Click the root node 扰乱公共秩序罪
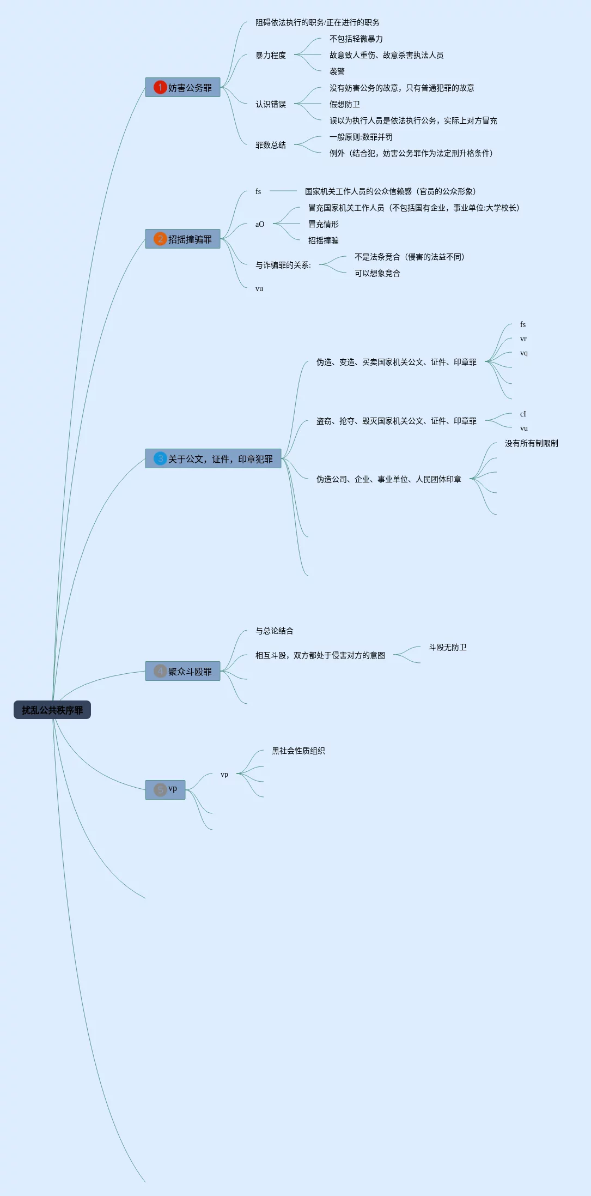[52, 710]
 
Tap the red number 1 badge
[160, 87]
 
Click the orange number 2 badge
[160, 239]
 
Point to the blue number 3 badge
[160, 458]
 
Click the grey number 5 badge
[160, 789]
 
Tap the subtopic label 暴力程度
[271, 55]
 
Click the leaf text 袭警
[337, 71]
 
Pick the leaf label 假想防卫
[345, 104]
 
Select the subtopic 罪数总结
[271, 145]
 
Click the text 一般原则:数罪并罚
[361, 137]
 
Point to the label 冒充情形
[324, 224]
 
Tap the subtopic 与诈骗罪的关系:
[283, 265]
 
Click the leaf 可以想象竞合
[377, 273]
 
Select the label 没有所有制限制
[532, 443]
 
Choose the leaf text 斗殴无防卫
[448, 647]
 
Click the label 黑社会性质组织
[298, 751]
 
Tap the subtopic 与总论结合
[275, 631]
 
